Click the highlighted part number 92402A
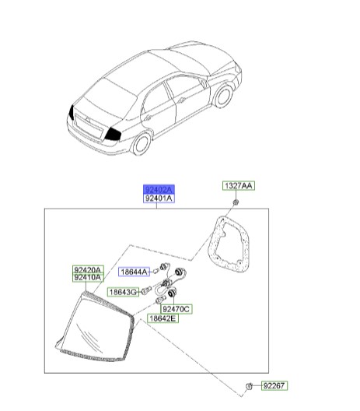pos(159,189)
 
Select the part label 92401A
pos(159,198)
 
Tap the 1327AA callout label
pos(239,185)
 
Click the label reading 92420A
pos(88,269)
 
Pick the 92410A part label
pos(88,278)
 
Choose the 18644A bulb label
pos(134,272)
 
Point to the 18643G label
pos(124,292)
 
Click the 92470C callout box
pos(177,309)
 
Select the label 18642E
pos(163,318)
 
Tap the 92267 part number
pos(274,385)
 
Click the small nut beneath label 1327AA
pos(236,202)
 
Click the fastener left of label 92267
pos(249,386)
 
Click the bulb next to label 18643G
pos(146,290)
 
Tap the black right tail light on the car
pos(113,134)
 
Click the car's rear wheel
pos(142,143)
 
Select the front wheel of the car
pos(224,97)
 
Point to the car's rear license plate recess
pos(89,127)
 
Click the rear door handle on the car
pos(149,118)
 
